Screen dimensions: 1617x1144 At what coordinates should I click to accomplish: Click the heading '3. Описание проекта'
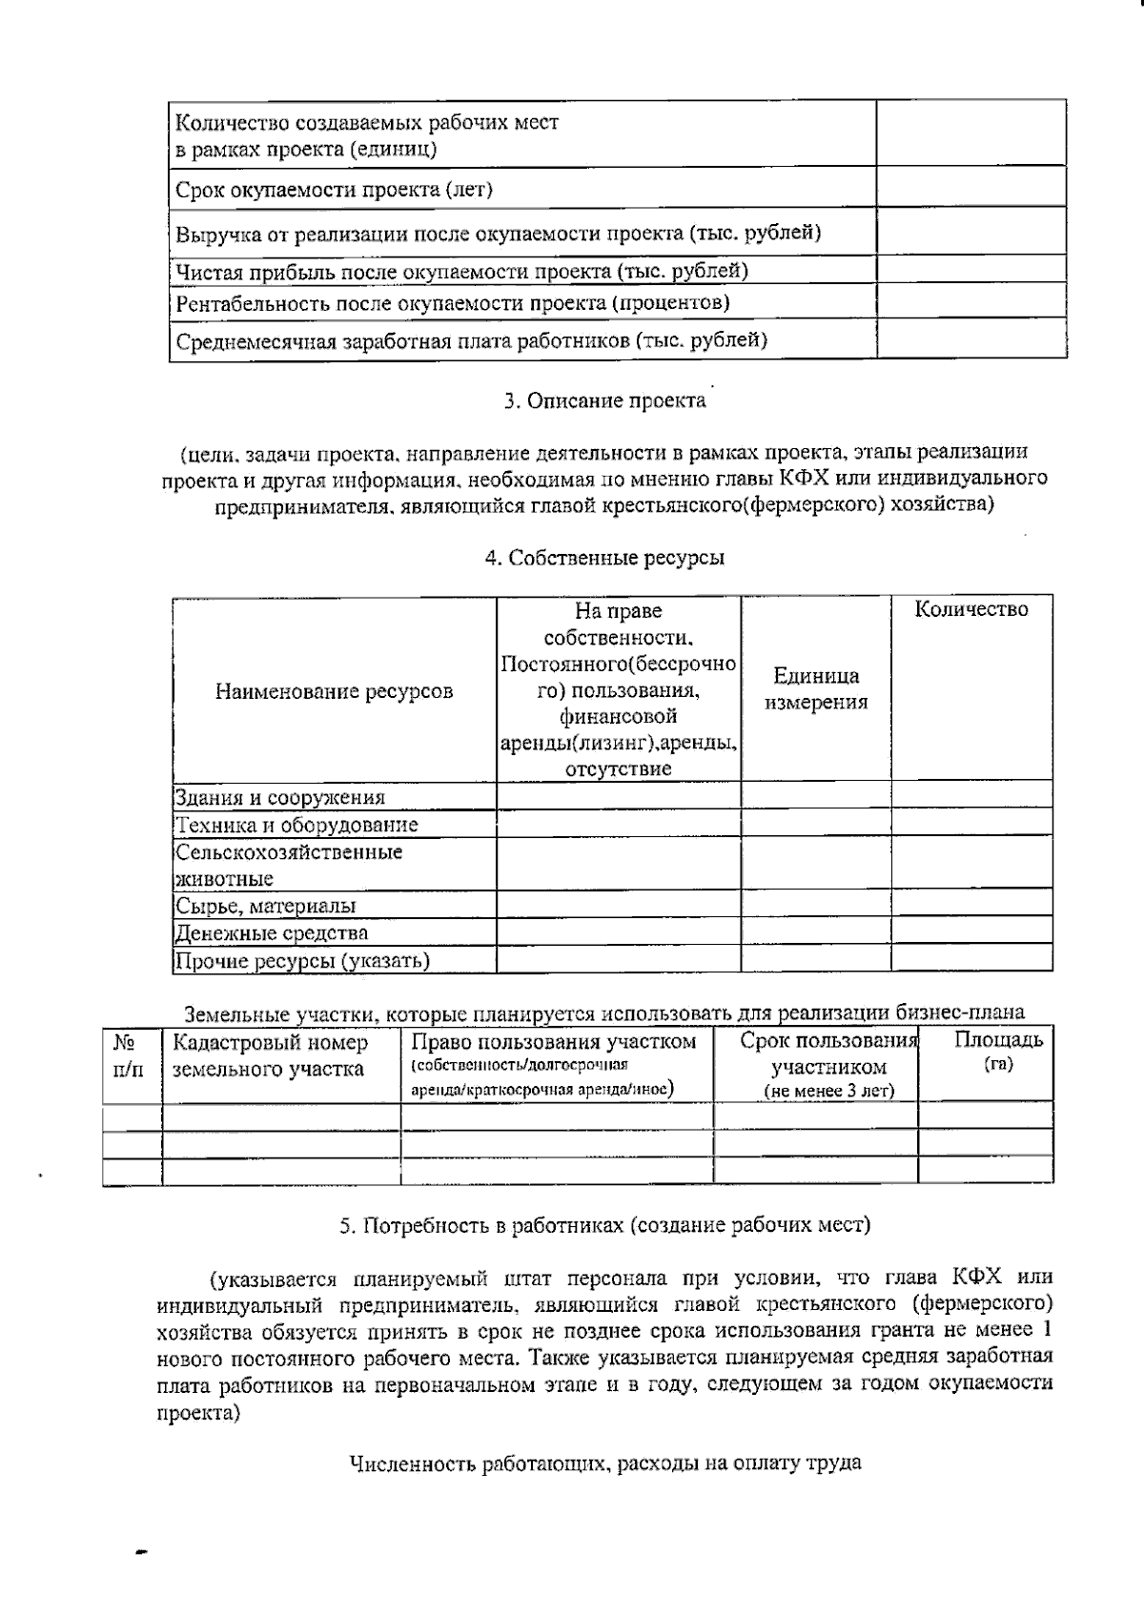pos(604,401)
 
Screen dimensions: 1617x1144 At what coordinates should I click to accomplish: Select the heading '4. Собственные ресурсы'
pos(604,559)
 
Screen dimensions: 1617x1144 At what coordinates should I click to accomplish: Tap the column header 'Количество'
pos(970,610)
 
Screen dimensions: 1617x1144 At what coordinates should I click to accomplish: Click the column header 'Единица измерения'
pos(816,689)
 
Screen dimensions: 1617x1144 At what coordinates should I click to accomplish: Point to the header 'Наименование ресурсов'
pos(334,691)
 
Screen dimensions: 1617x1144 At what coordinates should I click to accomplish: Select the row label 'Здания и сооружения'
pos(279,798)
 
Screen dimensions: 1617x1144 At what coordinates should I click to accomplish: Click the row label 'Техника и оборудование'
pos(296,825)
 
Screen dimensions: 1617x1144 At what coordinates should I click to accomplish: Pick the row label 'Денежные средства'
pos(271,932)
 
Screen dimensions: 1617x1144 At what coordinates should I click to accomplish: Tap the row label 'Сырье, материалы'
pos(265,906)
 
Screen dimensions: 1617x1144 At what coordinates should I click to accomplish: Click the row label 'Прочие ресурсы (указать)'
pos(301,960)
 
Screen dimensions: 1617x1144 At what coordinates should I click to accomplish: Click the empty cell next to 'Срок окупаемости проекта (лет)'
pos(970,187)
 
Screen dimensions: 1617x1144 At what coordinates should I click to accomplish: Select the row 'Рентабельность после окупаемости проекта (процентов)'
pos(453,303)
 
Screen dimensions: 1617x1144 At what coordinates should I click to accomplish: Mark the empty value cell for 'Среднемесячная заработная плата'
pos(970,338)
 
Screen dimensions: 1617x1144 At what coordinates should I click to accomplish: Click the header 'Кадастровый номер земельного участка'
pos(270,1055)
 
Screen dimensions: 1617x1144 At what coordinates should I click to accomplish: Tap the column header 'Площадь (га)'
pos(998,1051)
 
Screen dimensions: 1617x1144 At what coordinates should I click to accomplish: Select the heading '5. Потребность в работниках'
pos(604,1226)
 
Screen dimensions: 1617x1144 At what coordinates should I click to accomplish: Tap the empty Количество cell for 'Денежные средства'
pos(970,931)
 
